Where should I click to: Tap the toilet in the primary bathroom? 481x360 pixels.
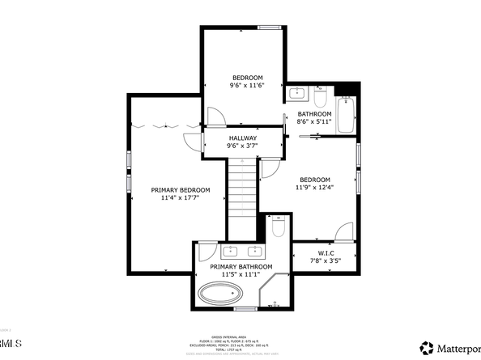tap(278, 229)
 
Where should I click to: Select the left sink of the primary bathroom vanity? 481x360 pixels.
tap(231, 250)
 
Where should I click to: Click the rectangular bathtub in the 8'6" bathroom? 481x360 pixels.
tap(347, 114)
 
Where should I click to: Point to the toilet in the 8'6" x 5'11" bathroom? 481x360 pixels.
tap(320, 98)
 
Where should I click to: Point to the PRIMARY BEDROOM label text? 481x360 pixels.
tap(180, 190)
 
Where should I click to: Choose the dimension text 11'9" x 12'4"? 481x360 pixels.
tap(315, 188)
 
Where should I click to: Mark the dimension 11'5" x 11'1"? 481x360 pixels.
tap(241, 275)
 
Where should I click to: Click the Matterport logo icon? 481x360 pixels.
tap(425, 349)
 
